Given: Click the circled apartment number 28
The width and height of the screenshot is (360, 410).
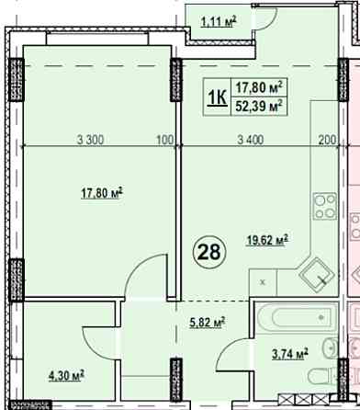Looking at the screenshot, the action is pos(209,252).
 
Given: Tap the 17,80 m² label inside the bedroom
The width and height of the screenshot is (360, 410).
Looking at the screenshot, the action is pos(102,193).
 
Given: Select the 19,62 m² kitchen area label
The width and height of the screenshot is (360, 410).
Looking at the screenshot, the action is pos(267,240).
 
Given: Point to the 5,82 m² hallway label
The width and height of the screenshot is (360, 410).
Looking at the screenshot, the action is pos(208,323).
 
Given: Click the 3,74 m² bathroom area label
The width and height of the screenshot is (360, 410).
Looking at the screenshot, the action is pos(290,354).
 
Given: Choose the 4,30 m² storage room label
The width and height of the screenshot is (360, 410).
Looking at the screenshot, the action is pos(66,376).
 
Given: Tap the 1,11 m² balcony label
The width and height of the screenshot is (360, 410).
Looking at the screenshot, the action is pos(219,21).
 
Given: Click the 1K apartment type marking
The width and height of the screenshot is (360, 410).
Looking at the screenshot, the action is pos(217,97).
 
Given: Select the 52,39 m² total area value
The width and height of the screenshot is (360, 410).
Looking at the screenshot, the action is pos(259,108).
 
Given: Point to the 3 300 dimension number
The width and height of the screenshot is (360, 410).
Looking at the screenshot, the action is pos(91,140).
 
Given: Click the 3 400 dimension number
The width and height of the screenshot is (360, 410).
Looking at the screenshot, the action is pos(251,140).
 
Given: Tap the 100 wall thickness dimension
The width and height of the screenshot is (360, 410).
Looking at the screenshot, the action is pos(165,140).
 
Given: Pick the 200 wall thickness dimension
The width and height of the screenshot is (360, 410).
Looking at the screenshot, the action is pos(327,140).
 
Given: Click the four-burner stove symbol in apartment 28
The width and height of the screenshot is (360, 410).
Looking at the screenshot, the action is pos(325,206).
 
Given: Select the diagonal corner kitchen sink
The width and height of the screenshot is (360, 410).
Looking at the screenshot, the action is pos(317,276).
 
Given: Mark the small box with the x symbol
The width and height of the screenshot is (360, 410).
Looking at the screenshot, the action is pos(263,282).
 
